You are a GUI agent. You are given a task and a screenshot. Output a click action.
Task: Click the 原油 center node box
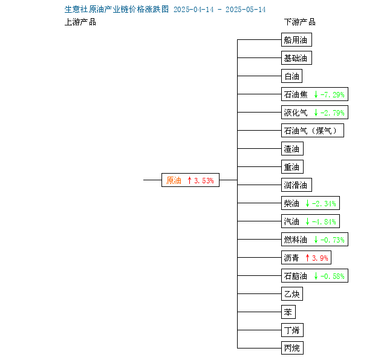[190, 180]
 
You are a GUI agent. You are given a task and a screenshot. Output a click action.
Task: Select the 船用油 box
[296, 39]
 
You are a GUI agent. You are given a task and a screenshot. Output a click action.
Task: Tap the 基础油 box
[296, 58]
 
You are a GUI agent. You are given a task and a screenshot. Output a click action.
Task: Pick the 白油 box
[292, 76]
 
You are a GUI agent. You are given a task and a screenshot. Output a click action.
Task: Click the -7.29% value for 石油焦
[333, 94]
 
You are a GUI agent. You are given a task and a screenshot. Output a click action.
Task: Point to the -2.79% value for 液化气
[333, 113]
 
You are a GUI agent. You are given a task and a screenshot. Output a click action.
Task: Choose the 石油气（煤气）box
[313, 131]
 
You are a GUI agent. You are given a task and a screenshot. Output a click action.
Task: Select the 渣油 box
[292, 148]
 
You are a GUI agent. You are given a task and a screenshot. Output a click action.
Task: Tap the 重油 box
[292, 167]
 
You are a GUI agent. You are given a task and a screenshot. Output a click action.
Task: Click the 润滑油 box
[296, 185]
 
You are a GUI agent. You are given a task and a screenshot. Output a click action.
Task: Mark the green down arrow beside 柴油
[308, 203]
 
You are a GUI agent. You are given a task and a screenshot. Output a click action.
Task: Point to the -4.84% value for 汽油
[324, 221]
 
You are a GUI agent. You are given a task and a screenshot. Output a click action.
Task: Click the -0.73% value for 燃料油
[333, 240]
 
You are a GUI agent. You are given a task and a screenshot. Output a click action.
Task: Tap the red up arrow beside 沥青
[308, 258]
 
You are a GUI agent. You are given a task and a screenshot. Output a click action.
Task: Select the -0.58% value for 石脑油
[333, 276]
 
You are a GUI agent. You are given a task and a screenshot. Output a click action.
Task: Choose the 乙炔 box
[292, 294]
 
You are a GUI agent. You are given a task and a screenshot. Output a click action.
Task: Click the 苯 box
[288, 312]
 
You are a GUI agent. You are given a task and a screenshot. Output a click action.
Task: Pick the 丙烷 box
[292, 348]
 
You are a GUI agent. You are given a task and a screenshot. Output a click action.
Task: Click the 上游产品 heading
[80, 22]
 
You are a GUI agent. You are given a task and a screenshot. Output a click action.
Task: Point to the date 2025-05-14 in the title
[246, 10]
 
